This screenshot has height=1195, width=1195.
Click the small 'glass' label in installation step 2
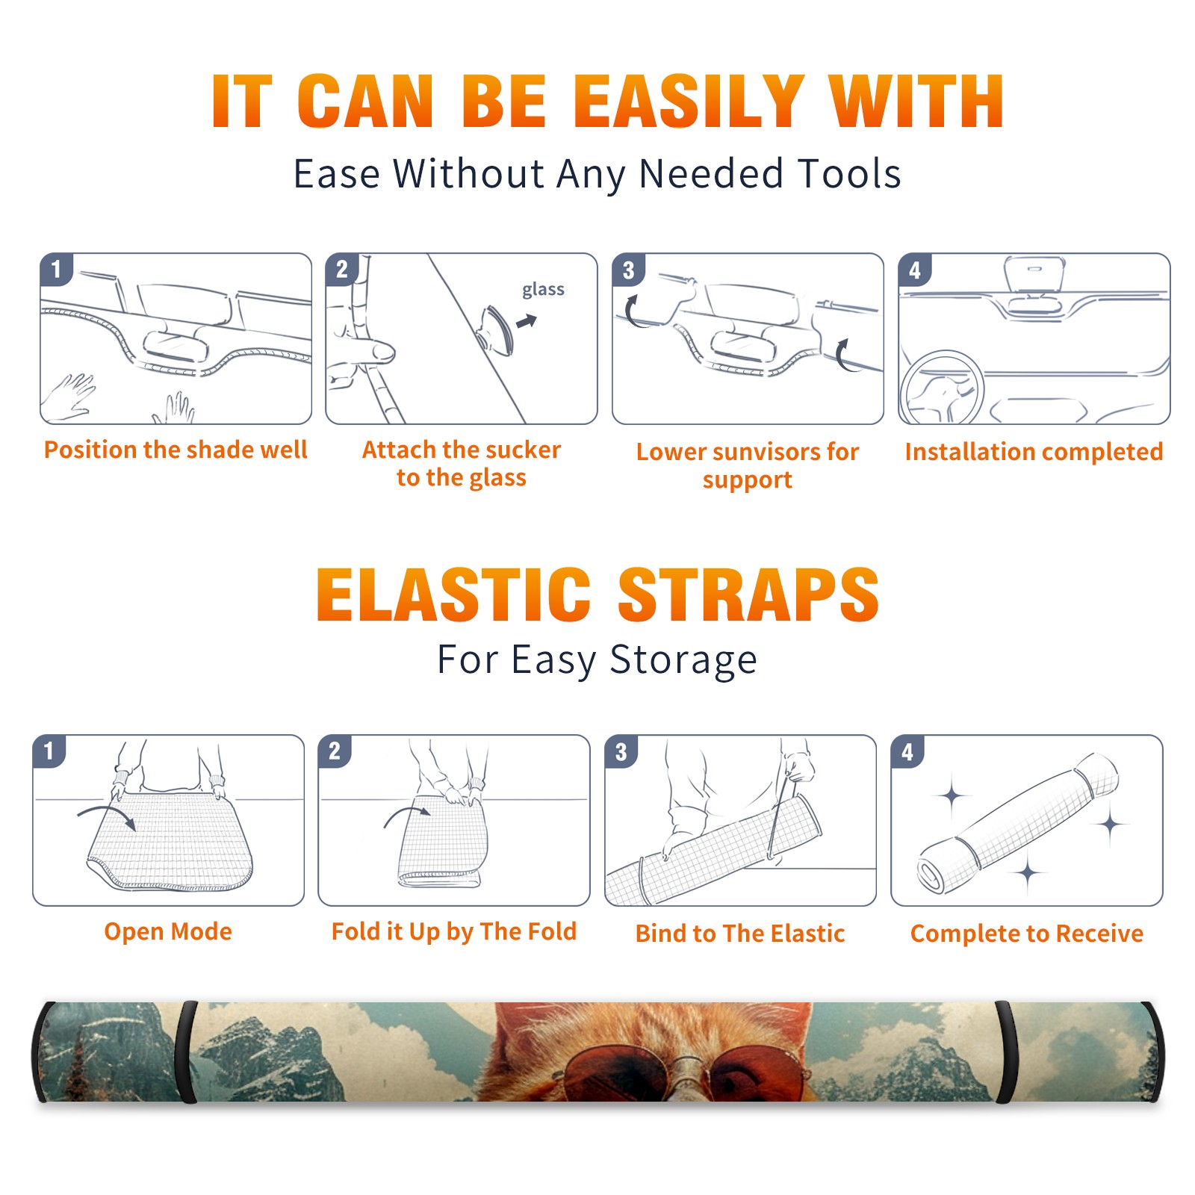[x=543, y=290]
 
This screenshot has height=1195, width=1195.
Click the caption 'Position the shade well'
[x=176, y=450]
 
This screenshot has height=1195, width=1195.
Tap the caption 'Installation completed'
[x=1034, y=451]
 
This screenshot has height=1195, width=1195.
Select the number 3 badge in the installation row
[x=628, y=270]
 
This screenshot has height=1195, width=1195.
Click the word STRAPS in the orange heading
[x=748, y=595]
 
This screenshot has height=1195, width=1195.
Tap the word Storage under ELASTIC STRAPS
[x=683, y=660]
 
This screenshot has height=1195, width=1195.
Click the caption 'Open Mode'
[x=168, y=931]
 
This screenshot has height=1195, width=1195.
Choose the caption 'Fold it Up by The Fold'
[x=454, y=931]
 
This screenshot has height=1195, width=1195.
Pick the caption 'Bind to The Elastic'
[x=740, y=934]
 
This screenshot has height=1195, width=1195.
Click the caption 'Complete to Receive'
[x=1027, y=934]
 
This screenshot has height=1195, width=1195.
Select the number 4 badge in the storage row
[x=907, y=751]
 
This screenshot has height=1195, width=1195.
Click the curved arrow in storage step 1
[x=106, y=812]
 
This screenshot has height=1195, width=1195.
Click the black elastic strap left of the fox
[x=184, y=1052]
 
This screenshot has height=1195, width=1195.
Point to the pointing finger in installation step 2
[x=362, y=351]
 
